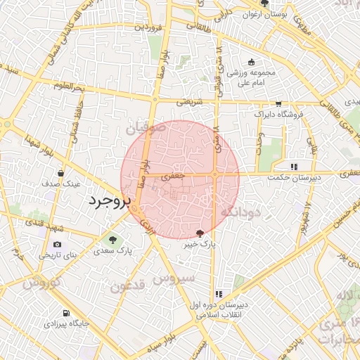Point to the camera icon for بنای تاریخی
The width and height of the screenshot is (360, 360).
(57, 244)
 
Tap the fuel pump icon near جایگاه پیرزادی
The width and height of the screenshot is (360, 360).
(66, 313)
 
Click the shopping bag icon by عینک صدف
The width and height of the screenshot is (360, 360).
(63, 172)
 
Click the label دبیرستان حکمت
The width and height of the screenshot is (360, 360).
(294, 178)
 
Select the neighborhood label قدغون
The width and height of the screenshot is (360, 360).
(128, 286)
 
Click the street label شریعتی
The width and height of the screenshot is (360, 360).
(188, 102)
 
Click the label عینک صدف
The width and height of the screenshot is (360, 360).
(63, 184)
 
